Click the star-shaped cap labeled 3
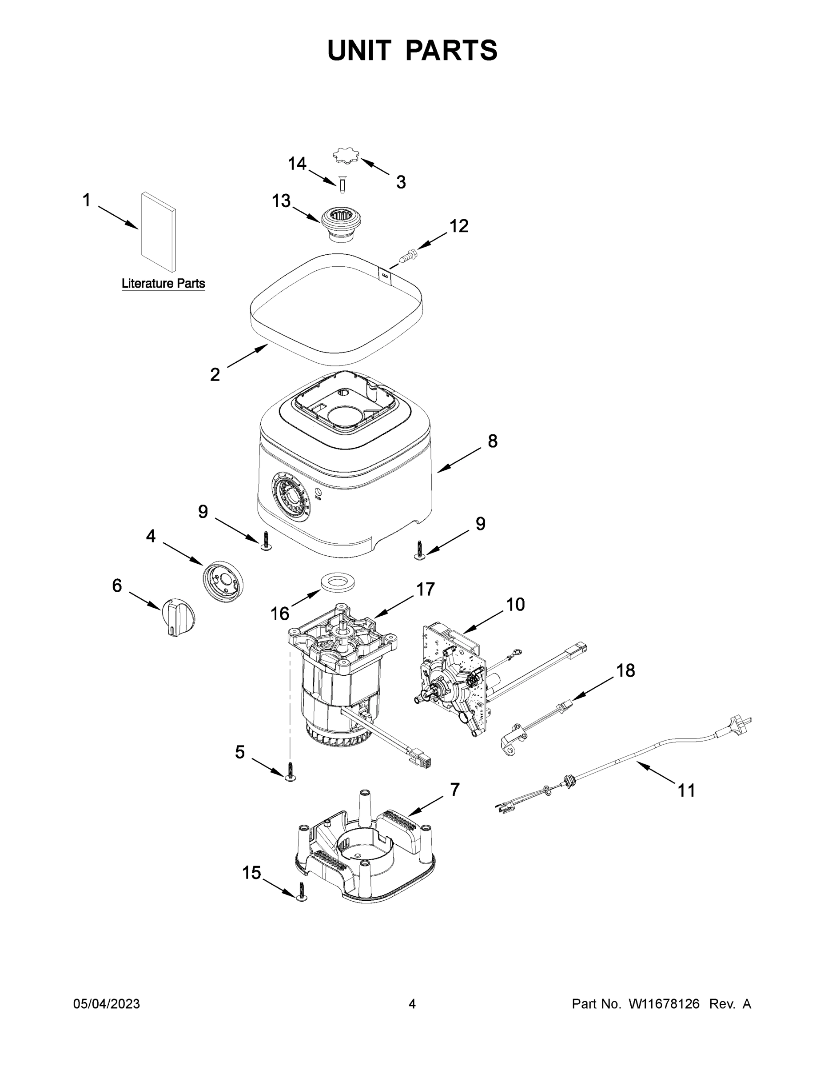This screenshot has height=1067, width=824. [345, 157]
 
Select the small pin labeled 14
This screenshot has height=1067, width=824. [342, 184]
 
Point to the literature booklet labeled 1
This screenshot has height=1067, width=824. [158, 232]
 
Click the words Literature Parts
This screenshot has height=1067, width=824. [163, 283]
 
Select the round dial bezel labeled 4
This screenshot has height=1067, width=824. [223, 581]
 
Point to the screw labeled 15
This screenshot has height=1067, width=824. [302, 894]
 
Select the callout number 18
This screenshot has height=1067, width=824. [625, 670]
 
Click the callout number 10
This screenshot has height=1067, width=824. [515, 604]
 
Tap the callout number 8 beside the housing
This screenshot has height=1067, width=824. [493, 441]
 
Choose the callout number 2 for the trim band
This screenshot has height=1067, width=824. [215, 375]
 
